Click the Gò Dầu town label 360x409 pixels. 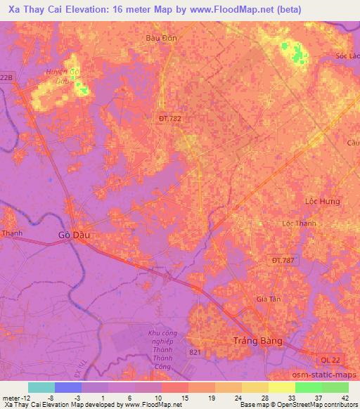coord(74,236)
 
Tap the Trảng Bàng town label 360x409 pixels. coord(257,341)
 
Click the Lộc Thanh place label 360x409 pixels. coord(299,223)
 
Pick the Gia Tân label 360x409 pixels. coord(269,299)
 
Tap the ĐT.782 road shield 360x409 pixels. coord(169,119)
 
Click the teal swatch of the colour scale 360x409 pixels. coord(41,387)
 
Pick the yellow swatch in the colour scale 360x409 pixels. coord(282,387)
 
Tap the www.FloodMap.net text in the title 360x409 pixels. coord(222,10)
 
